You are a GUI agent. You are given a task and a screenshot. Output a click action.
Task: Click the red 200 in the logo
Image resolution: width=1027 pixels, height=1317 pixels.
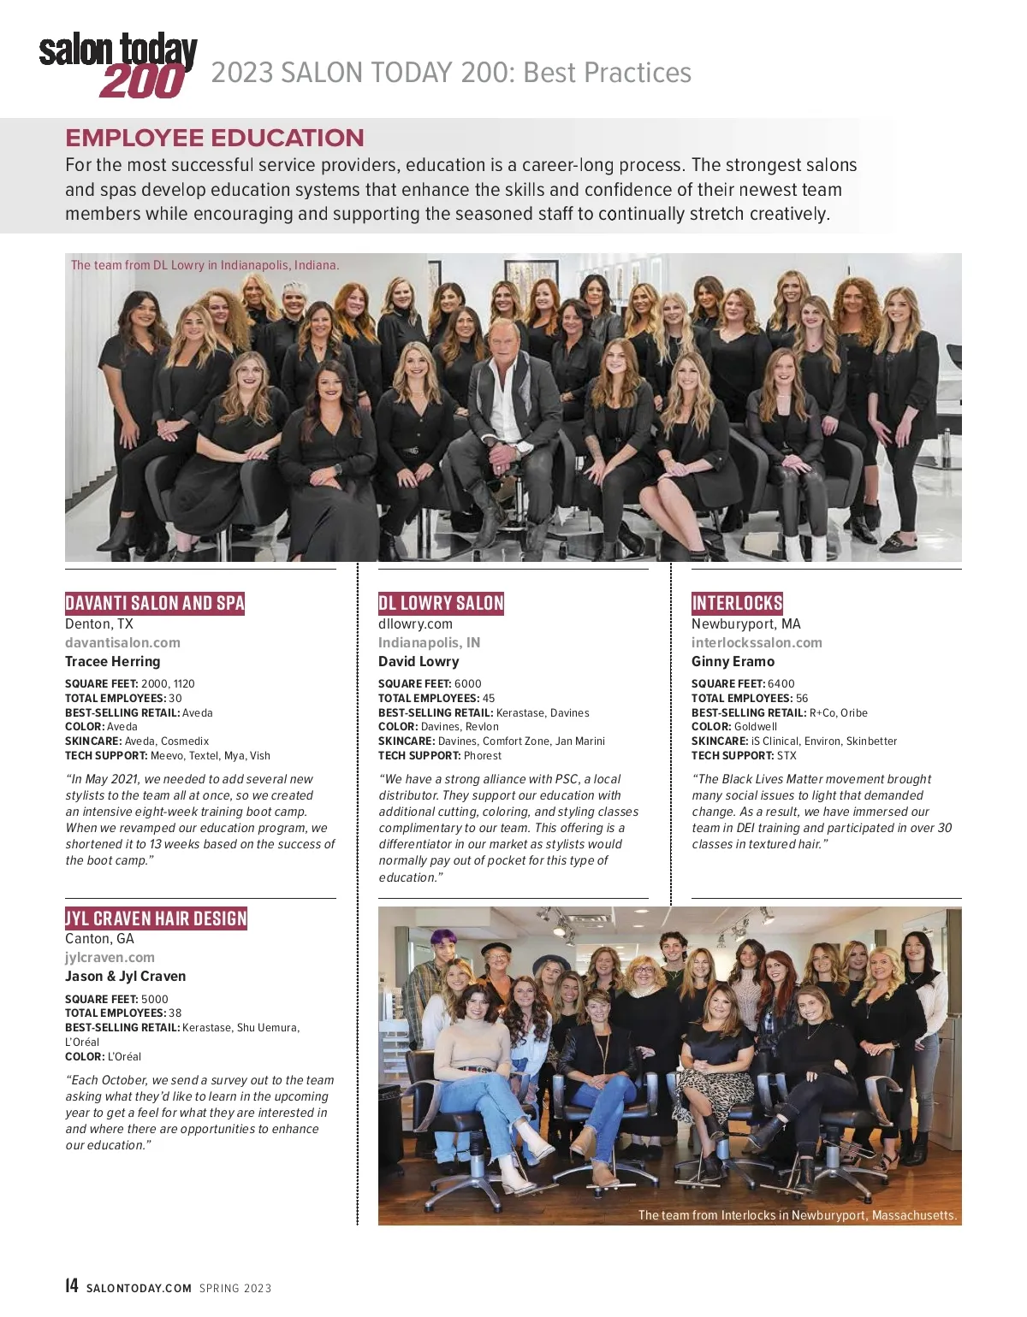click(142, 81)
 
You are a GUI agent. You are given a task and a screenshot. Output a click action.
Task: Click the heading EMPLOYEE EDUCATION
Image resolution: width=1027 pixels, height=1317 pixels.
click(215, 138)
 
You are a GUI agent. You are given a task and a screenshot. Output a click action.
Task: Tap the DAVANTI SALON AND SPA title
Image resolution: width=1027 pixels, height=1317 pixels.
click(155, 603)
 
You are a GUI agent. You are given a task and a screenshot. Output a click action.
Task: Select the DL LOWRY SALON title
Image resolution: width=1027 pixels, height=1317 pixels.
click(441, 603)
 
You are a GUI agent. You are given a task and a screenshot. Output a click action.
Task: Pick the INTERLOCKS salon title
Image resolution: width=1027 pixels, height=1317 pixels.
click(737, 603)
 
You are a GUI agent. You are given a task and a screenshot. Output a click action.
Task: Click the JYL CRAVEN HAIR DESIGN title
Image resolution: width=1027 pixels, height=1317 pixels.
click(156, 918)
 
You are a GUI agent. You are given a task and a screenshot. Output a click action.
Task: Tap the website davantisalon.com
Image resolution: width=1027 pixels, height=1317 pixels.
click(122, 642)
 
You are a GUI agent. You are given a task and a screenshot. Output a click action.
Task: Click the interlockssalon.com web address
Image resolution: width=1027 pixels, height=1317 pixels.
click(757, 642)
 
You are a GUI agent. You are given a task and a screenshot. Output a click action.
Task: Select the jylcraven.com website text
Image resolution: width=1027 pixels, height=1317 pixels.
click(110, 957)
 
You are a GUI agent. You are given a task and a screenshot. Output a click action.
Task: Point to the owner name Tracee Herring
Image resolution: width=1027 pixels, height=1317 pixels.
click(112, 661)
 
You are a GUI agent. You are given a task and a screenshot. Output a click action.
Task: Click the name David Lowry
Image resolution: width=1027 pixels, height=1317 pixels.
click(419, 661)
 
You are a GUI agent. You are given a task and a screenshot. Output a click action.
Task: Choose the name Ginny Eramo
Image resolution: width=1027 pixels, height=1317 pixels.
click(733, 661)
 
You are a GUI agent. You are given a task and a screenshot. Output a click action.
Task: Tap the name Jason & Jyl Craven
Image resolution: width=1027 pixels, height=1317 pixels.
click(125, 976)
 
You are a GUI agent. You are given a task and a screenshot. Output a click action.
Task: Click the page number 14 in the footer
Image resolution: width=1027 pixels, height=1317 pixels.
click(72, 1286)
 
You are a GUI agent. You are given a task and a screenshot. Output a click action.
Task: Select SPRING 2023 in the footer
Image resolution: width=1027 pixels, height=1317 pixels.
click(235, 1288)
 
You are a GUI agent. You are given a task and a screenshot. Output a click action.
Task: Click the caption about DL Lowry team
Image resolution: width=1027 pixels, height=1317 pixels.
click(205, 265)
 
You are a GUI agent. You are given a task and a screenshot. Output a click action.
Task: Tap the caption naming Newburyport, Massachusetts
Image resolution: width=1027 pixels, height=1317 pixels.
click(797, 1214)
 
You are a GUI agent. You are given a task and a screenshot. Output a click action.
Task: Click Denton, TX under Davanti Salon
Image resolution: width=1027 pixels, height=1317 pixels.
click(99, 623)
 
